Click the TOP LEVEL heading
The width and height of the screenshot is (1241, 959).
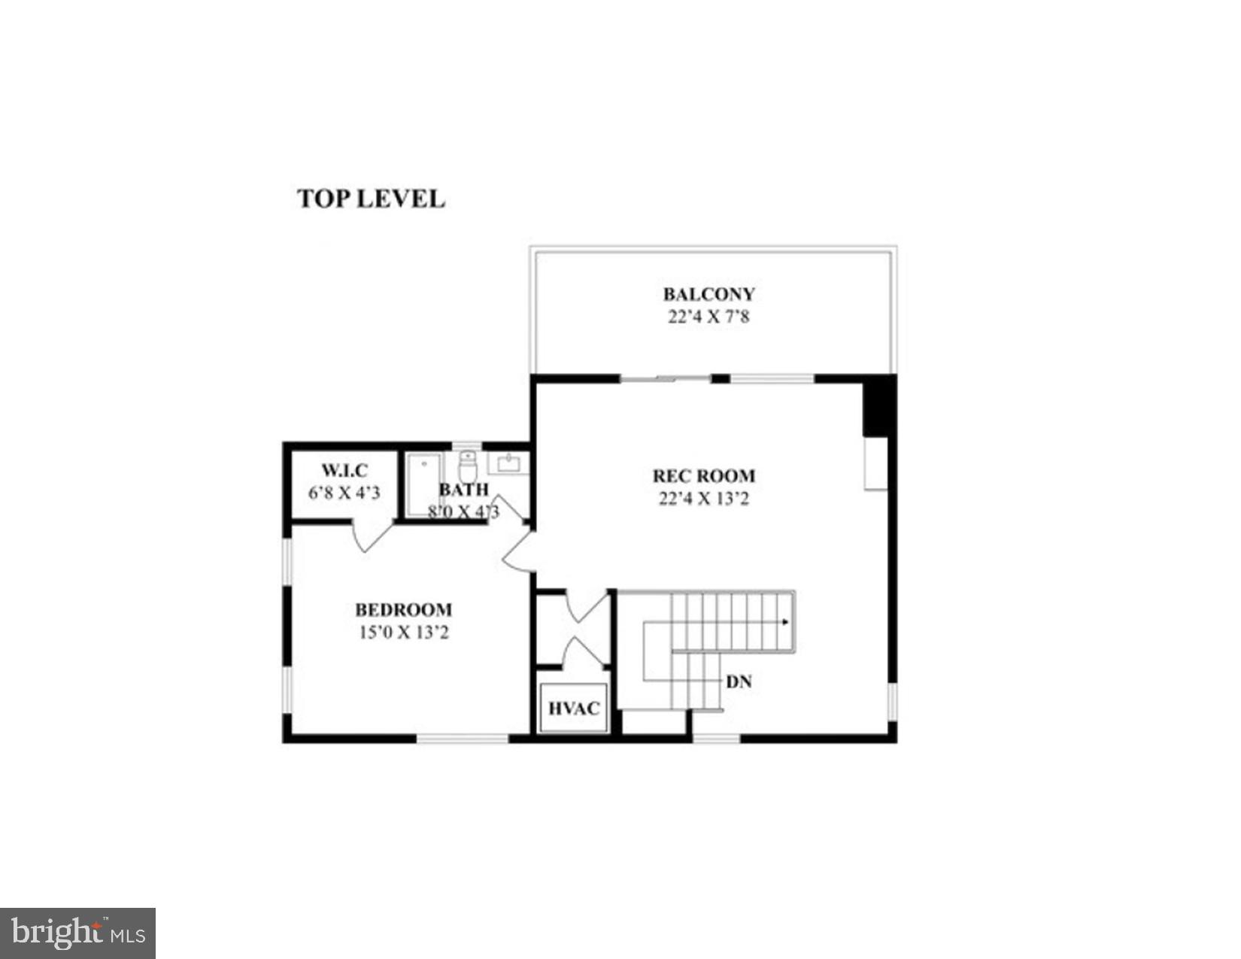click(x=371, y=199)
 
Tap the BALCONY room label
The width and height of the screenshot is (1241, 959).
click(x=708, y=294)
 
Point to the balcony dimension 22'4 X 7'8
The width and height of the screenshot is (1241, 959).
click(x=708, y=317)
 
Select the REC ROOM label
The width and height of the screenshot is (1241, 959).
click(x=703, y=476)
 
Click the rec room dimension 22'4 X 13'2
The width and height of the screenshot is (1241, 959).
click(x=703, y=499)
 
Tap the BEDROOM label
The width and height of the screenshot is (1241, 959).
click(x=403, y=609)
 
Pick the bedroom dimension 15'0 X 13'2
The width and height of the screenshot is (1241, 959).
click(x=403, y=633)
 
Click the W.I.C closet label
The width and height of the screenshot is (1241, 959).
click(x=344, y=471)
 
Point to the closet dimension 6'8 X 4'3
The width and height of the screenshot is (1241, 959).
click(x=344, y=493)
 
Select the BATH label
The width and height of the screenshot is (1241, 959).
click(x=463, y=490)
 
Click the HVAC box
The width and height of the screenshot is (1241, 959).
click(x=573, y=708)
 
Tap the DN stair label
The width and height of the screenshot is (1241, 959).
click(x=739, y=682)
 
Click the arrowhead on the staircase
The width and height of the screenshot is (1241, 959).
click(x=785, y=622)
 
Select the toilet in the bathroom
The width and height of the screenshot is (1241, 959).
click(x=468, y=467)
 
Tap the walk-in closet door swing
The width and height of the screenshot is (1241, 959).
click(x=370, y=537)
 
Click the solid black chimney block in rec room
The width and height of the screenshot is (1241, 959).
click(x=879, y=406)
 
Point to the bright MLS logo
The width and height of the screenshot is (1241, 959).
click(x=77, y=933)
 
